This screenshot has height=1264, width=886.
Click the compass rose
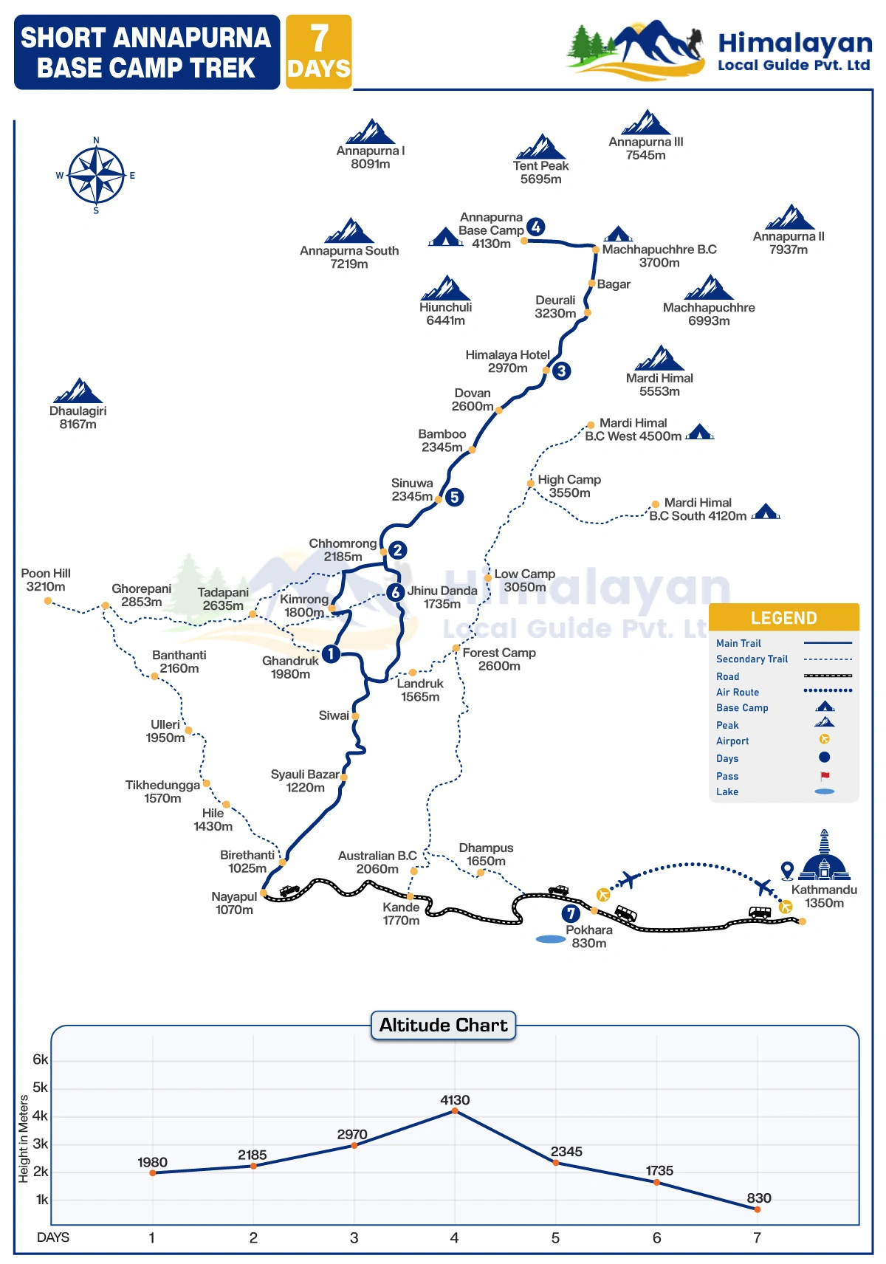click(x=96, y=176)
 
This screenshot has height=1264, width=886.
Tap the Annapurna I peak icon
click(x=371, y=131)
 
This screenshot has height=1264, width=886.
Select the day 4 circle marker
click(x=536, y=227)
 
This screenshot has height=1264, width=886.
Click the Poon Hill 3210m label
click(x=46, y=580)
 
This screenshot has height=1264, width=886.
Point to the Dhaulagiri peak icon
click(x=78, y=391)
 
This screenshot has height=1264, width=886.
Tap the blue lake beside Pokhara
click(x=550, y=939)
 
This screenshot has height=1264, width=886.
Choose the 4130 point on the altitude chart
click(x=455, y=1110)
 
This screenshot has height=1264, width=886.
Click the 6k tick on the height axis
click(x=41, y=1059)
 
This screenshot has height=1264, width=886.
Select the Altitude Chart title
click(x=443, y=1025)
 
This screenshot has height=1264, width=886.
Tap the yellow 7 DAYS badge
click(x=319, y=52)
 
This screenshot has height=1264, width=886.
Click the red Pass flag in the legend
click(x=825, y=776)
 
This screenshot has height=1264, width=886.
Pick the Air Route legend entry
click(x=738, y=692)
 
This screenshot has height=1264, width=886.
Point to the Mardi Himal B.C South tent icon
click(x=766, y=511)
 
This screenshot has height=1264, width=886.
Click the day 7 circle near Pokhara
click(x=571, y=913)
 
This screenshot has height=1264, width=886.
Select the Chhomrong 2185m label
click(x=343, y=550)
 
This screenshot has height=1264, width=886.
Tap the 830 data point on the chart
click(x=757, y=1209)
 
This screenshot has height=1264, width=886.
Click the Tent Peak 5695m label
click(x=540, y=172)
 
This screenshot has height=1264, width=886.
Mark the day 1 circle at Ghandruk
click(x=332, y=653)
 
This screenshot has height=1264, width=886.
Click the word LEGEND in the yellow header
click(x=783, y=618)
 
